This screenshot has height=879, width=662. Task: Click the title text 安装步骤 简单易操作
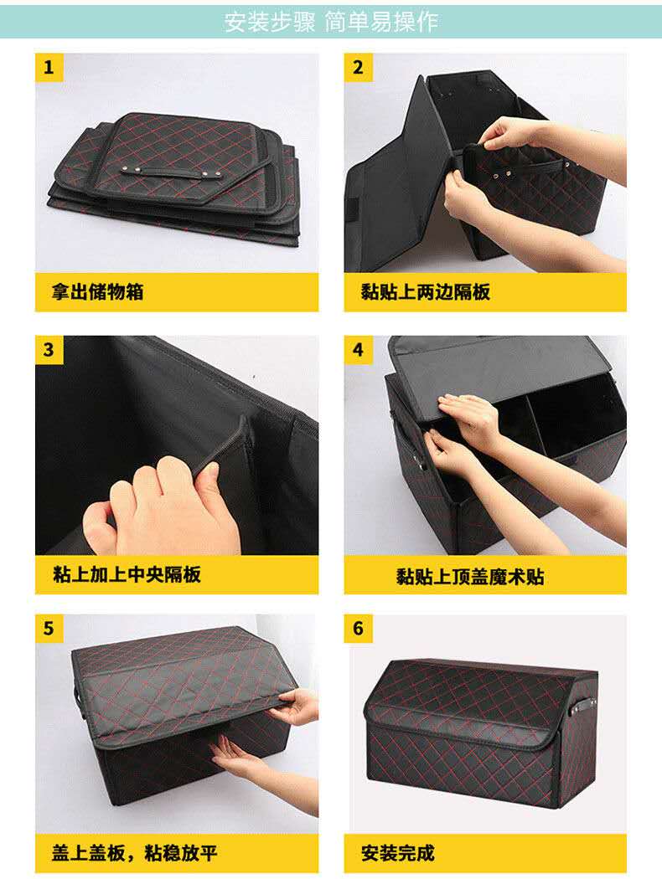click(331, 22)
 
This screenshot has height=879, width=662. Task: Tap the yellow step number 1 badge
click(49, 67)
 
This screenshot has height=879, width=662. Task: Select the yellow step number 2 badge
click(358, 67)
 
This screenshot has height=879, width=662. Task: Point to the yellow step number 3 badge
click(49, 349)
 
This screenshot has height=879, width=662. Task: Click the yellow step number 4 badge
click(358, 349)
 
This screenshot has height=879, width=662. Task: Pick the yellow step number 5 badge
click(49, 628)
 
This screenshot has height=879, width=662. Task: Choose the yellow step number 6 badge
click(358, 628)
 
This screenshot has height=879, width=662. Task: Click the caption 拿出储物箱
click(97, 291)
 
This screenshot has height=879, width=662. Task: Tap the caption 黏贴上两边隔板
click(425, 291)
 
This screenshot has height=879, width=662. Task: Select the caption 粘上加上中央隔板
click(127, 574)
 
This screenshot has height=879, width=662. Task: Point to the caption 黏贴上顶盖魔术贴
click(470, 576)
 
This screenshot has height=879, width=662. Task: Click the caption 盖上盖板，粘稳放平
click(135, 853)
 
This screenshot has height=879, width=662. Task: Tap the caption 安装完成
click(398, 853)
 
